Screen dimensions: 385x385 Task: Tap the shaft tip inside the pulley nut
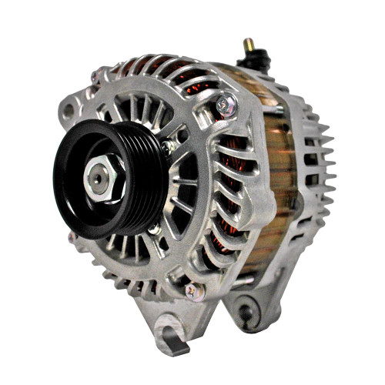point(99,178)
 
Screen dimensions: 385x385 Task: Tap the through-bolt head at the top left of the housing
point(98,76)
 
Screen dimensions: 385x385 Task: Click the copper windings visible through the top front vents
point(173,77)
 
